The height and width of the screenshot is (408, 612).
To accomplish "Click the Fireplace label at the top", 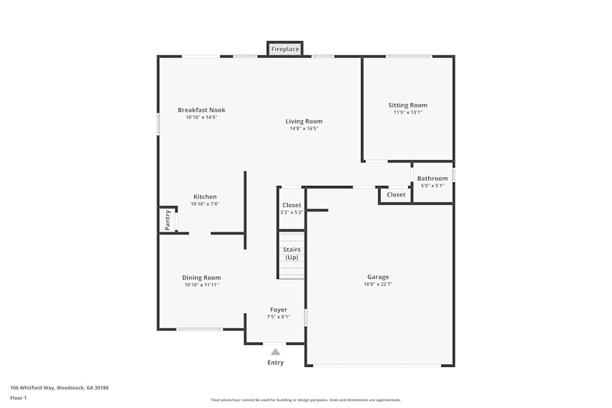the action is [x=285, y=49].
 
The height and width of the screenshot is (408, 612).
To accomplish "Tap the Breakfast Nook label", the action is [x=201, y=110].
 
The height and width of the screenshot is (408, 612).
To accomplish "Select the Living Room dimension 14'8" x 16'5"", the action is [x=304, y=128].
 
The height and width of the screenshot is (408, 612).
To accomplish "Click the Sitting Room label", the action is [x=408, y=105].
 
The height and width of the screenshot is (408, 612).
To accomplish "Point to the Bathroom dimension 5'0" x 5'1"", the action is [x=433, y=186].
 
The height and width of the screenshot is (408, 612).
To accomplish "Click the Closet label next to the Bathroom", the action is [x=396, y=195].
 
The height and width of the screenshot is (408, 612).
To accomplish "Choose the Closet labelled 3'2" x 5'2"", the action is [x=291, y=205].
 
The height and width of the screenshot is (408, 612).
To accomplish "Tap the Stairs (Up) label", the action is [x=292, y=253].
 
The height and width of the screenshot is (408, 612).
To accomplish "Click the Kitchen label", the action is [x=205, y=196].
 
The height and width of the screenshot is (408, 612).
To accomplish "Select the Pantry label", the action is [x=168, y=220].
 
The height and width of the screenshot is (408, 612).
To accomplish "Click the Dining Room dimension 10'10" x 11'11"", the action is [x=202, y=284].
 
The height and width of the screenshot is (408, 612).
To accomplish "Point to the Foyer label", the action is [x=278, y=310].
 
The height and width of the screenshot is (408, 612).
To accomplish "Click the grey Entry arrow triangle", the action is [x=275, y=352].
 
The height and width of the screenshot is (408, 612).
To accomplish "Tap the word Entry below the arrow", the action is [x=275, y=363].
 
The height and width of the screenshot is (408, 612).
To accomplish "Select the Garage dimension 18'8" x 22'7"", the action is [x=378, y=284].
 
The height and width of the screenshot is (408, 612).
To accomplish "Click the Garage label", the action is [x=378, y=277].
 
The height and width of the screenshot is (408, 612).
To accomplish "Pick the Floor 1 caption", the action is [x=18, y=398].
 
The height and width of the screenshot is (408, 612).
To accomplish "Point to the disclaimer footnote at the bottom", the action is [x=306, y=400].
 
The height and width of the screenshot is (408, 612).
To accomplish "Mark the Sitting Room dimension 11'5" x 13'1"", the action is [x=408, y=113].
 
